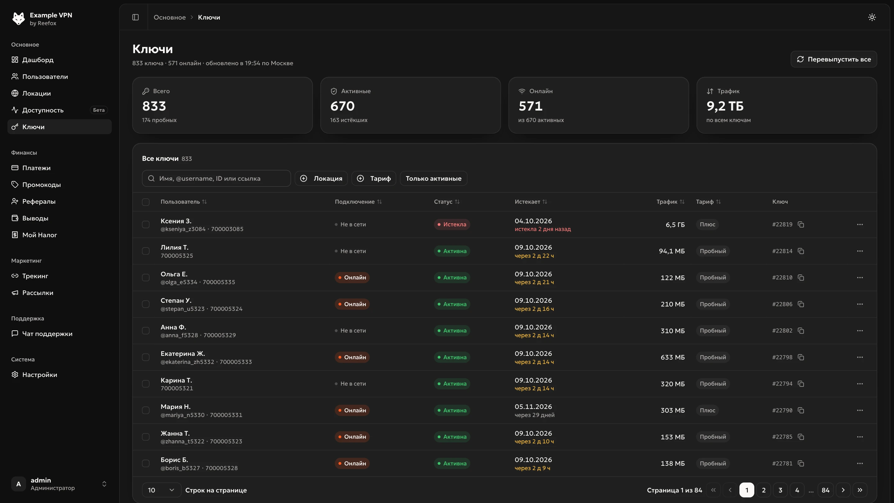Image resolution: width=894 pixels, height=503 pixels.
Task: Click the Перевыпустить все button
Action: (x=833, y=59)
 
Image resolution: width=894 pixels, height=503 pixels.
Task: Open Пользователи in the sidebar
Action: (x=45, y=77)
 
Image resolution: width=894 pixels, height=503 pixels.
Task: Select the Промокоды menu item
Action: (x=41, y=185)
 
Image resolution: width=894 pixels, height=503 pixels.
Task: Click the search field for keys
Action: (x=216, y=179)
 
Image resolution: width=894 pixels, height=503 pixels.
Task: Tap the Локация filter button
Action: (x=321, y=179)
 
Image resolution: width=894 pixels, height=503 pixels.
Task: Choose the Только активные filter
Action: (x=433, y=179)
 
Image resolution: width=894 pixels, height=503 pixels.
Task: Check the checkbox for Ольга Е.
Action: (x=146, y=278)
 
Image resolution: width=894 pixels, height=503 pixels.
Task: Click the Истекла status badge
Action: (x=452, y=224)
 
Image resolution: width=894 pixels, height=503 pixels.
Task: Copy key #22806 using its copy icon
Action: (x=801, y=304)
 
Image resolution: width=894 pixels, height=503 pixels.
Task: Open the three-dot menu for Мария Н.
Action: (x=860, y=410)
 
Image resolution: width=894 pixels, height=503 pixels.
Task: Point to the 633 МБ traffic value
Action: (x=673, y=357)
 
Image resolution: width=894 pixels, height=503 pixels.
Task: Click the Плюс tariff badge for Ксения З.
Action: (x=707, y=224)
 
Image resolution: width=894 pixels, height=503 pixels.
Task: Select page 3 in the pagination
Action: (x=780, y=490)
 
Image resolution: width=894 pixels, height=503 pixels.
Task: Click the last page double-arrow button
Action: (x=860, y=490)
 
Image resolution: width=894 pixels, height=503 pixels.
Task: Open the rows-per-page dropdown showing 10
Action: (x=161, y=490)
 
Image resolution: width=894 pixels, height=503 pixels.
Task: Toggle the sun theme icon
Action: (x=872, y=17)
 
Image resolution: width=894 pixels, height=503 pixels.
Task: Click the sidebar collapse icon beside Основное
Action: (x=135, y=17)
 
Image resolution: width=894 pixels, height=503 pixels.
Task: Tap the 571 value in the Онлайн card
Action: (x=530, y=106)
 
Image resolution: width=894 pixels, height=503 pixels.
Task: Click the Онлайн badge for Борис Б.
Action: (x=352, y=464)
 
